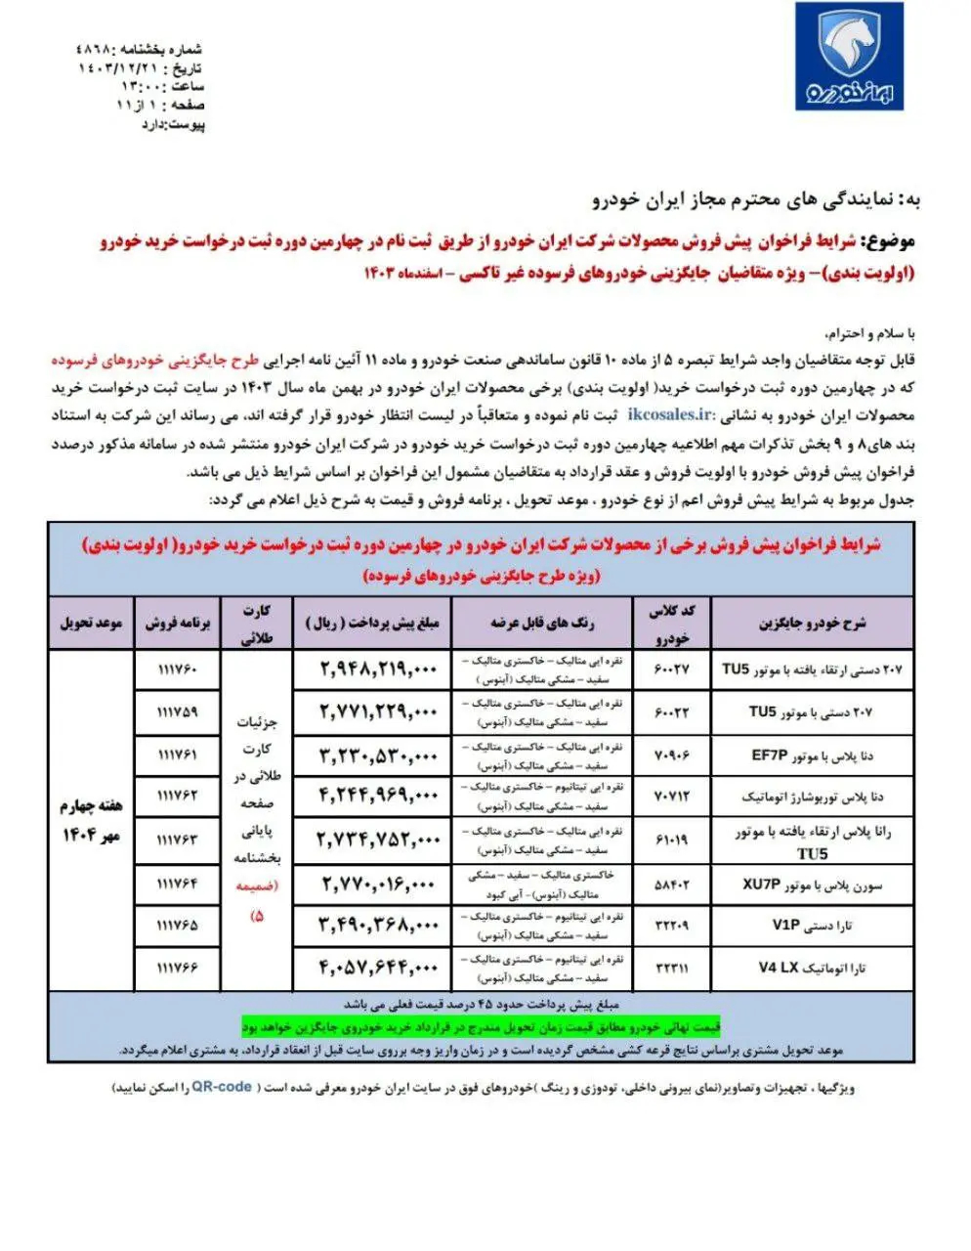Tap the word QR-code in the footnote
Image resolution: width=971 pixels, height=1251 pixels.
(x=222, y=1086)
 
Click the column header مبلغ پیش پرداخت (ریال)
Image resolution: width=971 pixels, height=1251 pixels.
(x=374, y=622)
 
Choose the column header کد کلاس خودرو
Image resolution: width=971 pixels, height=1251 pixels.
(x=675, y=622)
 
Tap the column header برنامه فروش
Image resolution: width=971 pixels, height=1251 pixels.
(x=177, y=622)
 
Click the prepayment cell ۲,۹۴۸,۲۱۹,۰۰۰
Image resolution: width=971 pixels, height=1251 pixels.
(x=378, y=669)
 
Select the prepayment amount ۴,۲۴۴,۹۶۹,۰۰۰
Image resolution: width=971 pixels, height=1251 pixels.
(x=378, y=798)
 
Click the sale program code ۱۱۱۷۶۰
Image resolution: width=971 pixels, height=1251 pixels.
(x=177, y=669)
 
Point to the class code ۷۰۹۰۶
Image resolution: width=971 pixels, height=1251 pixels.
(x=675, y=755)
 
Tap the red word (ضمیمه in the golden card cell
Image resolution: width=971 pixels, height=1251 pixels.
(x=259, y=887)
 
